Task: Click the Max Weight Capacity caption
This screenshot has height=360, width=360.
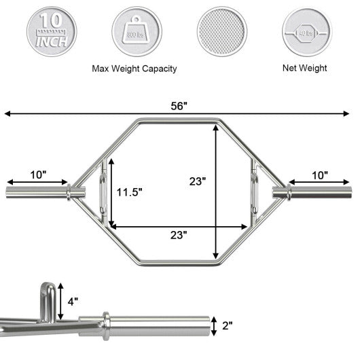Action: (134, 69)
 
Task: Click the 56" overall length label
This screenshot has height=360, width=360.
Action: (179, 106)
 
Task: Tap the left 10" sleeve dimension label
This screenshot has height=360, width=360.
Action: (39, 175)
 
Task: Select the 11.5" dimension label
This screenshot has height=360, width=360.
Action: (129, 192)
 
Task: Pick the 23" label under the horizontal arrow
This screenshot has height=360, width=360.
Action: (178, 234)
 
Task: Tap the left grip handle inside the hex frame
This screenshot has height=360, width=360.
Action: (101, 192)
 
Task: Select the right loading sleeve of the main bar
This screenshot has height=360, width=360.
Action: (319, 192)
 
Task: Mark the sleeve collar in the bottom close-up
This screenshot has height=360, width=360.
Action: (106, 322)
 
